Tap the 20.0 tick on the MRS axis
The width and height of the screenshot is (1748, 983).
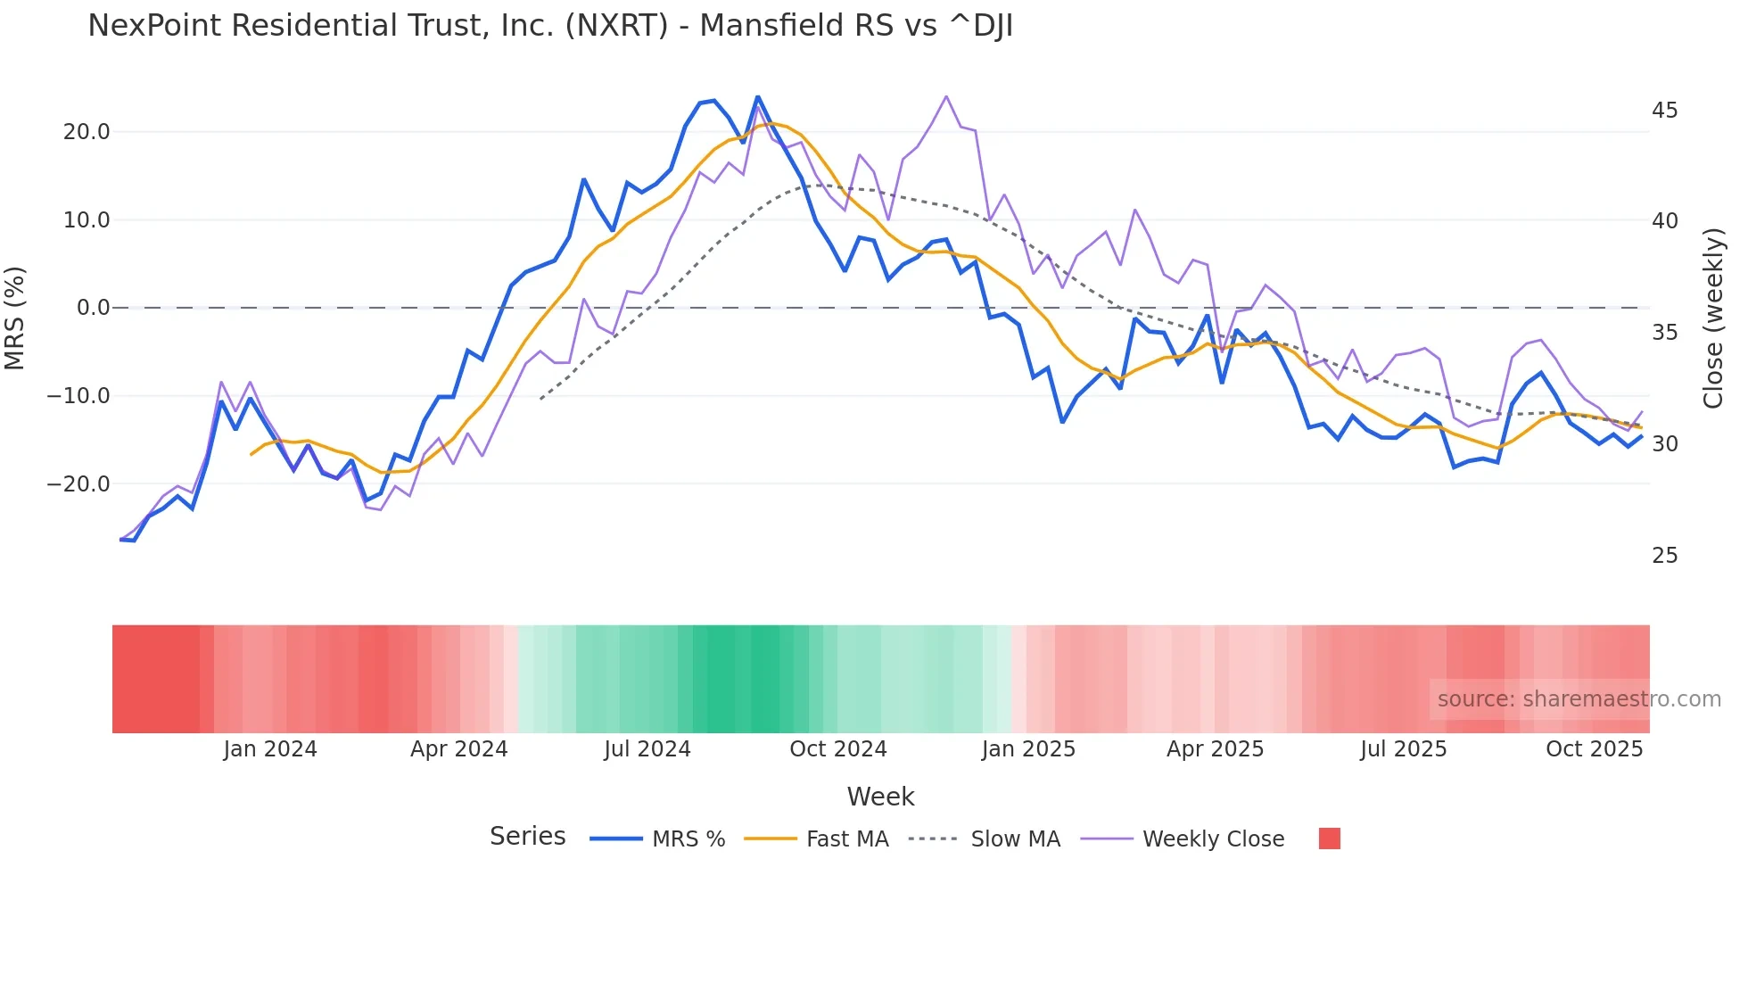tap(87, 132)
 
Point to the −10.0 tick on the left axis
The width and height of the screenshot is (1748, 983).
tap(78, 395)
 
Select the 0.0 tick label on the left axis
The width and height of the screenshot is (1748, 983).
tap(93, 308)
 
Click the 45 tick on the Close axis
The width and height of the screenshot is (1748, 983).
tap(1664, 111)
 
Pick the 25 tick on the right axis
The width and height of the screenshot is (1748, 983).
tap(1664, 556)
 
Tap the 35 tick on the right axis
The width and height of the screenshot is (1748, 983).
tap(1664, 333)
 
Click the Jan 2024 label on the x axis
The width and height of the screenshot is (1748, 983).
tap(269, 749)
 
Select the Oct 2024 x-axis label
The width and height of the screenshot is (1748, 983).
tap(837, 749)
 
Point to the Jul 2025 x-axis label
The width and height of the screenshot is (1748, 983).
tap(1403, 749)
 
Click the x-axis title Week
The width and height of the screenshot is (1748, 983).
tap(880, 797)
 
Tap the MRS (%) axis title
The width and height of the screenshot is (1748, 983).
tap(15, 318)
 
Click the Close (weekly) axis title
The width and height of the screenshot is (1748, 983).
tap(1713, 318)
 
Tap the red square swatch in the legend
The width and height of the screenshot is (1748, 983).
tap(1329, 838)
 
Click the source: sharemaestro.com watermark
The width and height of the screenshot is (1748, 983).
tap(1579, 699)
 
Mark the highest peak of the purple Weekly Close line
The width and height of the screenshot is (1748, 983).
tap(946, 96)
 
